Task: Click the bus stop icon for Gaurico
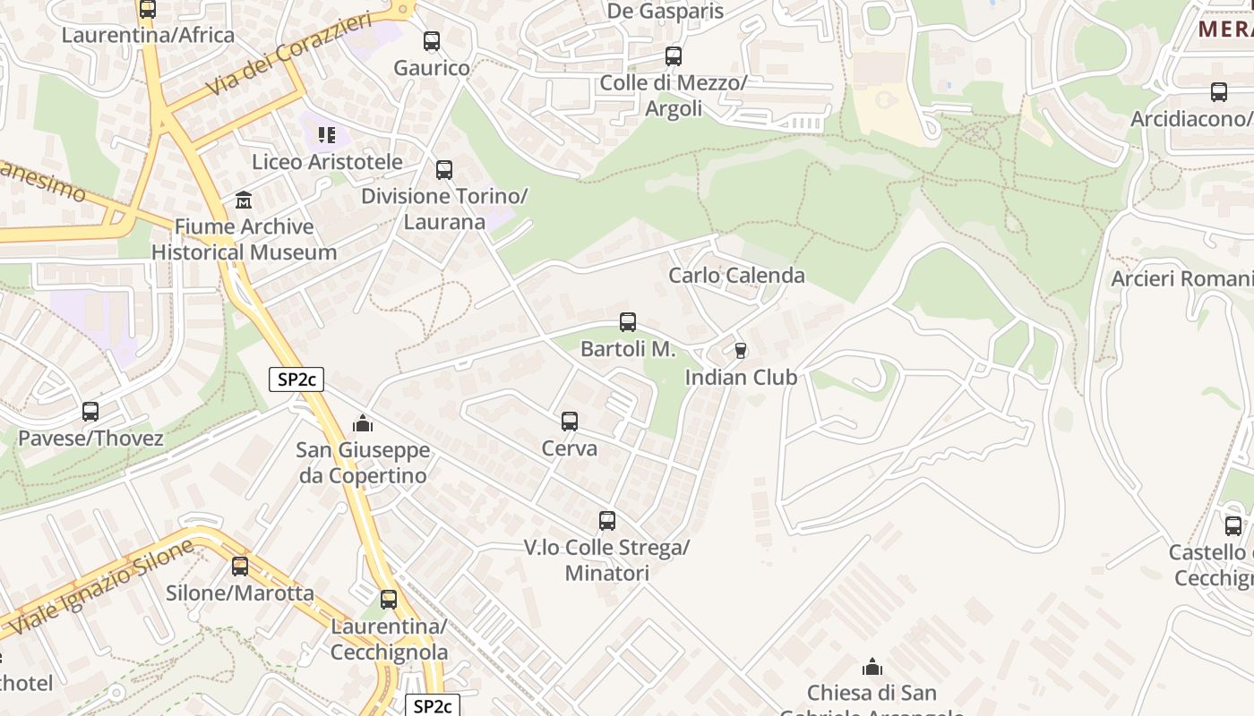pyautogui.click(x=432, y=41)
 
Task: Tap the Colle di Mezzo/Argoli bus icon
pyautogui.click(x=674, y=56)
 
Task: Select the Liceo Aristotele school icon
pyautogui.click(x=327, y=135)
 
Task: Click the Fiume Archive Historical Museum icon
pyautogui.click(x=244, y=200)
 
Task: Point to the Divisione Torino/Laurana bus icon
pyautogui.click(x=444, y=170)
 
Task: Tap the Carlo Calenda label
pyautogui.click(x=736, y=275)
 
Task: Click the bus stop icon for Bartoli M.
pyautogui.click(x=628, y=322)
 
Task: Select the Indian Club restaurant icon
pyautogui.click(x=740, y=351)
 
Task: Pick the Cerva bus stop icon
pyautogui.click(x=570, y=422)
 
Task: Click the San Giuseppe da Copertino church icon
pyautogui.click(x=363, y=423)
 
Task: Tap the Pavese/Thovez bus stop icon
pyautogui.click(x=90, y=412)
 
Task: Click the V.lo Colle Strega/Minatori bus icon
pyautogui.click(x=607, y=521)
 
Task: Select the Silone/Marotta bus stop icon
pyautogui.click(x=240, y=567)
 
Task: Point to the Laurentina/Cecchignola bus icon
pyautogui.click(x=389, y=600)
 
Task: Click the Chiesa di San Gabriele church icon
pyautogui.click(x=872, y=667)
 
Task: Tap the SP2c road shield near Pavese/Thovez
pyautogui.click(x=296, y=379)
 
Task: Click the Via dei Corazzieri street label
pyautogui.click(x=288, y=55)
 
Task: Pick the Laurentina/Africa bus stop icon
pyautogui.click(x=148, y=10)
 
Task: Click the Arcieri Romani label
pyautogui.click(x=1181, y=278)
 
